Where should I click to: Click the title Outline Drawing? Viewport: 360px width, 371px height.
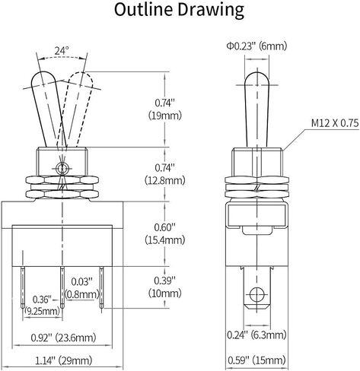pyautogui.click(x=179, y=10)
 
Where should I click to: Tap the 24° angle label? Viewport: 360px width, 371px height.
pyautogui.click(x=62, y=51)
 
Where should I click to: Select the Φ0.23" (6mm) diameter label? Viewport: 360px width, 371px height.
pyautogui.click(x=256, y=46)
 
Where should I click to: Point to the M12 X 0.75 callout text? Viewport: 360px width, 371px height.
pyautogui.click(x=335, y=123)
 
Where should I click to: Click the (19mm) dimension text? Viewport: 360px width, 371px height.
pyautogui.click(x=165, y=116)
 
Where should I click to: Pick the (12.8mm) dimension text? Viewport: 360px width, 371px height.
pyautogui.click(x=165, y=181)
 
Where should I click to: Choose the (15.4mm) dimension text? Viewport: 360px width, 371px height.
pyautogui.click(x=165, y=240)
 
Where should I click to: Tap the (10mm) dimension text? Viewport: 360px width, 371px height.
pyautogui.click(x=165, y=293)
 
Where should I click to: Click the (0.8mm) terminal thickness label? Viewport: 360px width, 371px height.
pyautogui.click(x=81, y=294)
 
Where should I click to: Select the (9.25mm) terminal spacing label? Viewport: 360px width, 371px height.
pyautogui.click(x=43, y=311)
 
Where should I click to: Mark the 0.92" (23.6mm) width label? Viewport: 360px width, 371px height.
pyautogui.click(x=63, y=338)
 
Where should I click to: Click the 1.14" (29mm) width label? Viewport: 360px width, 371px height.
pyautogui.click(x=63, y=360)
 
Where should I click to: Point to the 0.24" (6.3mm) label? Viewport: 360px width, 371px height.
pyautogui.click(x=256, y=335)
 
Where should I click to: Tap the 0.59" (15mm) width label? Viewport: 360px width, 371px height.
pyautogui.click(x=256, y=360)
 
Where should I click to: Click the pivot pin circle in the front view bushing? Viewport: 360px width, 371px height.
pyautogui.click(x=62, y=168)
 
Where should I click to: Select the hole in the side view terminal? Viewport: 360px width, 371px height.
pyautogui.click(x=257, y=295)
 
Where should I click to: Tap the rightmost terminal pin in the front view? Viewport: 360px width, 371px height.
pyautogui.click(x=101, y=287)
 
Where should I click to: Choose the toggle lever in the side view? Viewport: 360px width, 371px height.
pyautogui.click(x=256, y=109)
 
